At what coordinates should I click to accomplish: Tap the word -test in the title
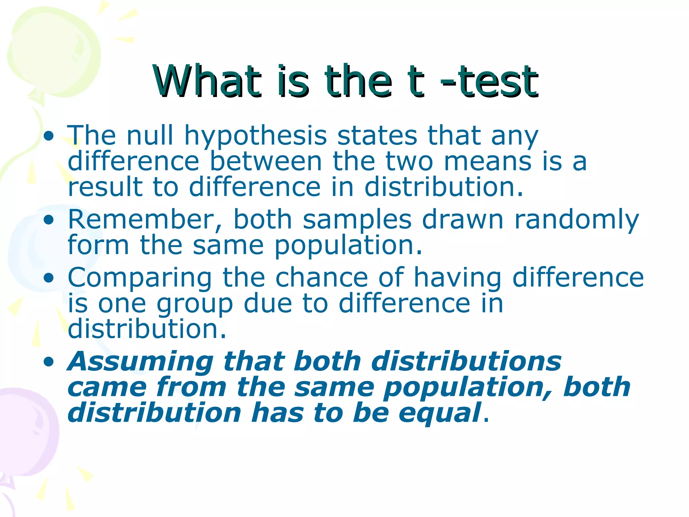[x=490, y=81]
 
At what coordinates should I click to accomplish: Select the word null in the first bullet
[x=150, y=136]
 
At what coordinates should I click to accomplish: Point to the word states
[x=377, y=136]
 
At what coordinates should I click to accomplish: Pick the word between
[x=266, y=161]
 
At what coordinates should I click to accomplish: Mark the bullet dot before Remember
[x=49, y=220]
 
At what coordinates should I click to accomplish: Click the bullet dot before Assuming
[x=49, y=362]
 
